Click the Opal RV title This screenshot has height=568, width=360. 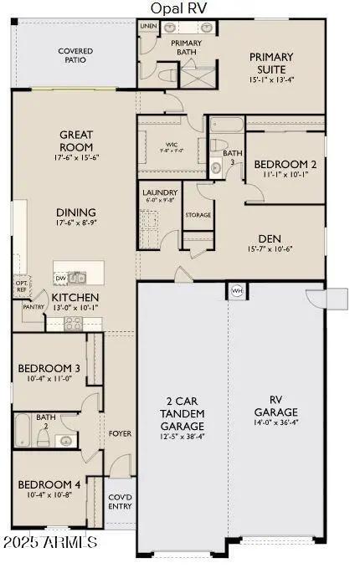179,8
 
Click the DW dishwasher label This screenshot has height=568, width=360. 60,278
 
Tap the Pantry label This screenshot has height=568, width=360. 33,307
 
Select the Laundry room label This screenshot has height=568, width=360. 158,196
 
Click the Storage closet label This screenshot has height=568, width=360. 198,215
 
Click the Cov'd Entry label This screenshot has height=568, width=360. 120,502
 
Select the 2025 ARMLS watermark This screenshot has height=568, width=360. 49,543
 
